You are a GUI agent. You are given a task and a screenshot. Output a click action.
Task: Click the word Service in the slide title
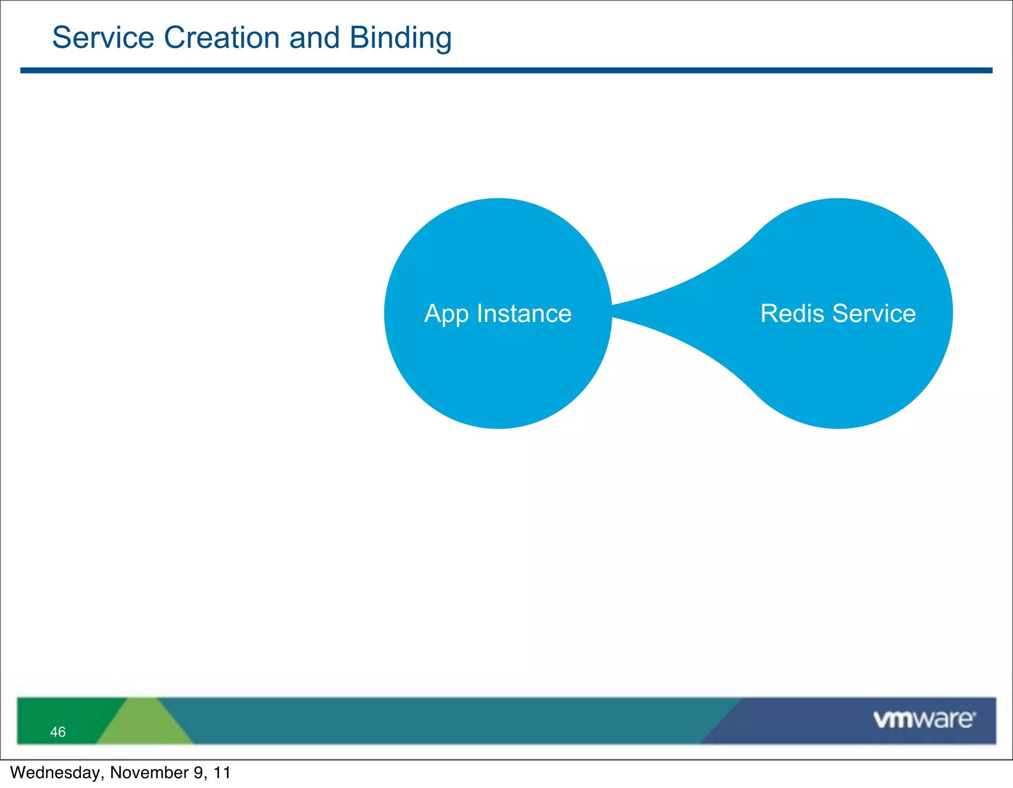click(103, 38)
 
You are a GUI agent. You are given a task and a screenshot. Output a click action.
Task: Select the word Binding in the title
click(400, 39)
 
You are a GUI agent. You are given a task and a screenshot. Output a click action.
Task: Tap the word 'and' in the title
click(314, 38)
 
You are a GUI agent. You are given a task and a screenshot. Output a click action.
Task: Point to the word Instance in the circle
click(524, 314)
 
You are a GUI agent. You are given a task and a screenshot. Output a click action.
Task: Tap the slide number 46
click(58, 732)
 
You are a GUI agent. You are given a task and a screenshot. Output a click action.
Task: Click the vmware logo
click(924, 719)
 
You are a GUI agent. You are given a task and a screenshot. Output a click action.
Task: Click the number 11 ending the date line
click(222, 773)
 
